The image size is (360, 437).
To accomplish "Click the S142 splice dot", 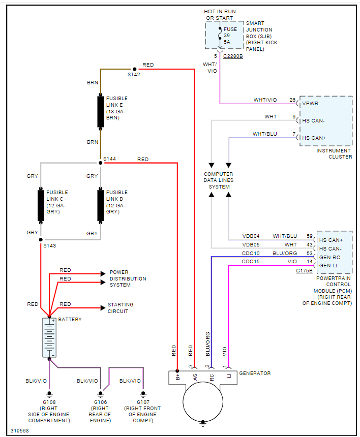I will tap(135, 69).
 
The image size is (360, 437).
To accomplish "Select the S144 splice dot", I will tap(100, 163).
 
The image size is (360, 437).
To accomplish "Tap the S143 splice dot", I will tap(41, 239).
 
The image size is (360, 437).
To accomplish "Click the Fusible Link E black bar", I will tap(101, 111).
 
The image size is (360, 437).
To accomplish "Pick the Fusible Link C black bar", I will tap(41, 205).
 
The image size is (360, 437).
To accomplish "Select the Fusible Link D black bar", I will tap(101, 205).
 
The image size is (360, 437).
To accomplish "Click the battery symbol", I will tap(49, 337).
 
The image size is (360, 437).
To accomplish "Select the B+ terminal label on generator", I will tap(177, 377).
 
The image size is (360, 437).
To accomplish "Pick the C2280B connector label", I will tap(233, 56).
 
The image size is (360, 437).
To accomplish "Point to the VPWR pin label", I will tap(310, 104).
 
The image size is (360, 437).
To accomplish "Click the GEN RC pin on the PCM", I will tap(329, 257).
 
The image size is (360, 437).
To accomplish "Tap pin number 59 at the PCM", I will tap(309, 236).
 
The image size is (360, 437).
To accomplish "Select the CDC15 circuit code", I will tap(251, 261).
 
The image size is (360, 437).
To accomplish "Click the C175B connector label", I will tap(305, 271).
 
